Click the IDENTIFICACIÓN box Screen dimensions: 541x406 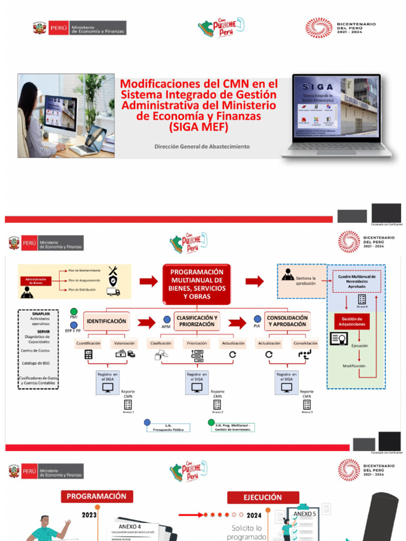pos(106,321)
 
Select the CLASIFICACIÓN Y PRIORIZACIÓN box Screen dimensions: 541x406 pos(197,321)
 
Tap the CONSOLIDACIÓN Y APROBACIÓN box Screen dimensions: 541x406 pos(287,321)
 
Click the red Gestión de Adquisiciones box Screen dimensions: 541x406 pos(352,321)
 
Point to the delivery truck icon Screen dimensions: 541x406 pos(113,291)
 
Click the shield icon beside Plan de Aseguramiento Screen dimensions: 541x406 pos(113,281)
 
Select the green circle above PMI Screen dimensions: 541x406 pos(73,311)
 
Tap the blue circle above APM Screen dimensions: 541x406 pos(165,319)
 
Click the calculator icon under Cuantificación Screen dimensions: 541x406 pos(88,355)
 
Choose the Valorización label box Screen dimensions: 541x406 pos(124,343)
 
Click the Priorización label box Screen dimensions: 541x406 pos(197,343)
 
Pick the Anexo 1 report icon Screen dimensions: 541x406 pos(128,404)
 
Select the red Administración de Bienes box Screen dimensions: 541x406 pos(40,281)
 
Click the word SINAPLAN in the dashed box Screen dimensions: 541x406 pos(41,313)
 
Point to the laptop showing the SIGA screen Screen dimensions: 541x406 pos(337,115)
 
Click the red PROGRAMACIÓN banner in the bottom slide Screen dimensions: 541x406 pos(97,496)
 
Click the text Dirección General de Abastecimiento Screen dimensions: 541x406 pos(201,146)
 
